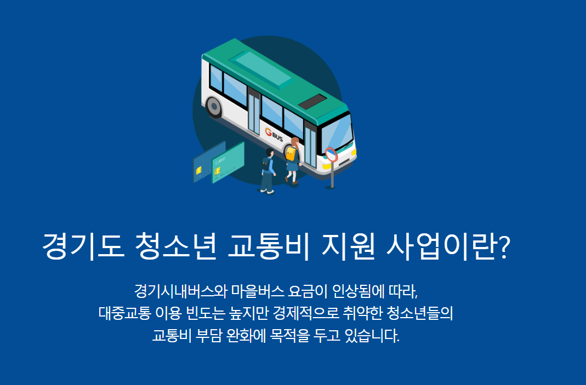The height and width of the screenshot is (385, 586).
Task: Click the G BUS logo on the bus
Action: point(274,134)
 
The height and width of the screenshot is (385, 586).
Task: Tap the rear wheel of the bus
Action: point(213,107)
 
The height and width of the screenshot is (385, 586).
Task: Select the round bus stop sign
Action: point(331,154)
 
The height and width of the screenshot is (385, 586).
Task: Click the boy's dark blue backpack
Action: point(267,164)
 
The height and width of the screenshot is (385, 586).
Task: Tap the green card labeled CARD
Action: point(227,163)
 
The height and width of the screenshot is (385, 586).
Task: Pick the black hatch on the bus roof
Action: point(312,101)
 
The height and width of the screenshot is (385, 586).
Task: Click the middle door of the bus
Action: point(254,112)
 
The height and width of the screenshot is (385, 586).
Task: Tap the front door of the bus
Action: point(310,145)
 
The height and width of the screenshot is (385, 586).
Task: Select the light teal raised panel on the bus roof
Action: point(261,70)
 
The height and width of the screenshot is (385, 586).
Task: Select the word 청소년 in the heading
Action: point(174,248)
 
